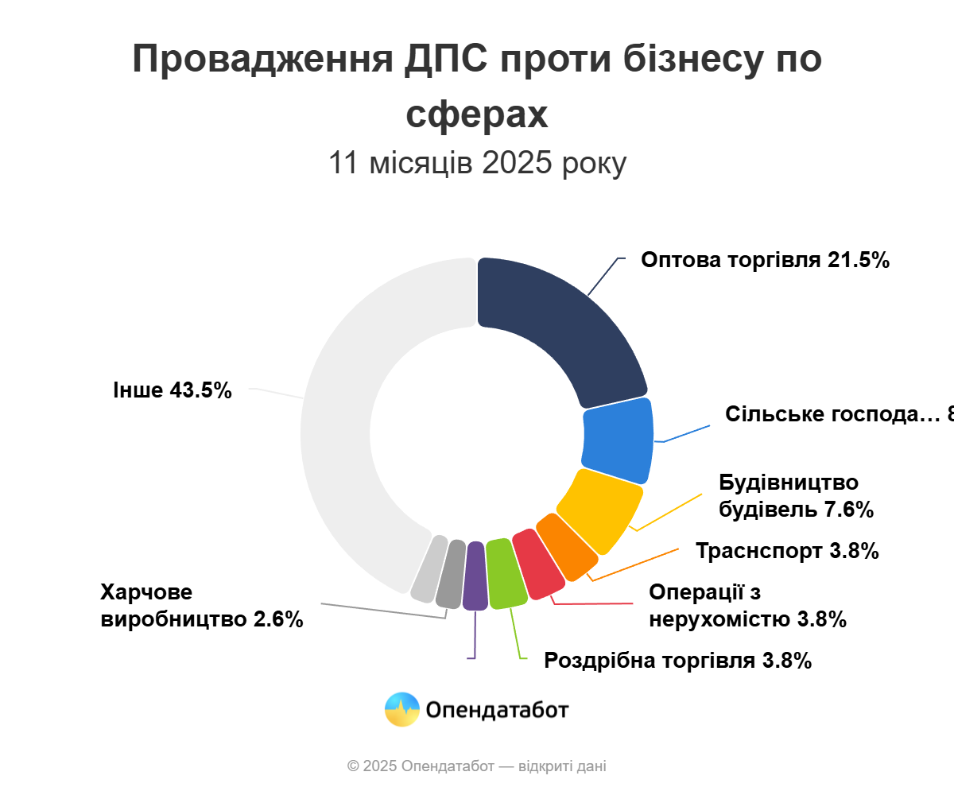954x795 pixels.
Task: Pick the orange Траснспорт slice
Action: [x=567, y=548]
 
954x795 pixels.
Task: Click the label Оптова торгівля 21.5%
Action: [x=765, y=260]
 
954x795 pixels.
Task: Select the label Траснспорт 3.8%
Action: [x=787, y=551]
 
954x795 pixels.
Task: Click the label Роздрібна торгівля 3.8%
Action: [x=677, y=661]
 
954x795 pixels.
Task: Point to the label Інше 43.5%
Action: [x=173, y=390]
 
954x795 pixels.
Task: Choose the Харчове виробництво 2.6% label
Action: [x=202, y=606]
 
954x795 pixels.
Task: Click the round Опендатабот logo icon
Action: [x=401, y=709]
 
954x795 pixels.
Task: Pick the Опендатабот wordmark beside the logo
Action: [x=498, y=709]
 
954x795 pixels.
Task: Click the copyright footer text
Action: [x=477, y=766]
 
